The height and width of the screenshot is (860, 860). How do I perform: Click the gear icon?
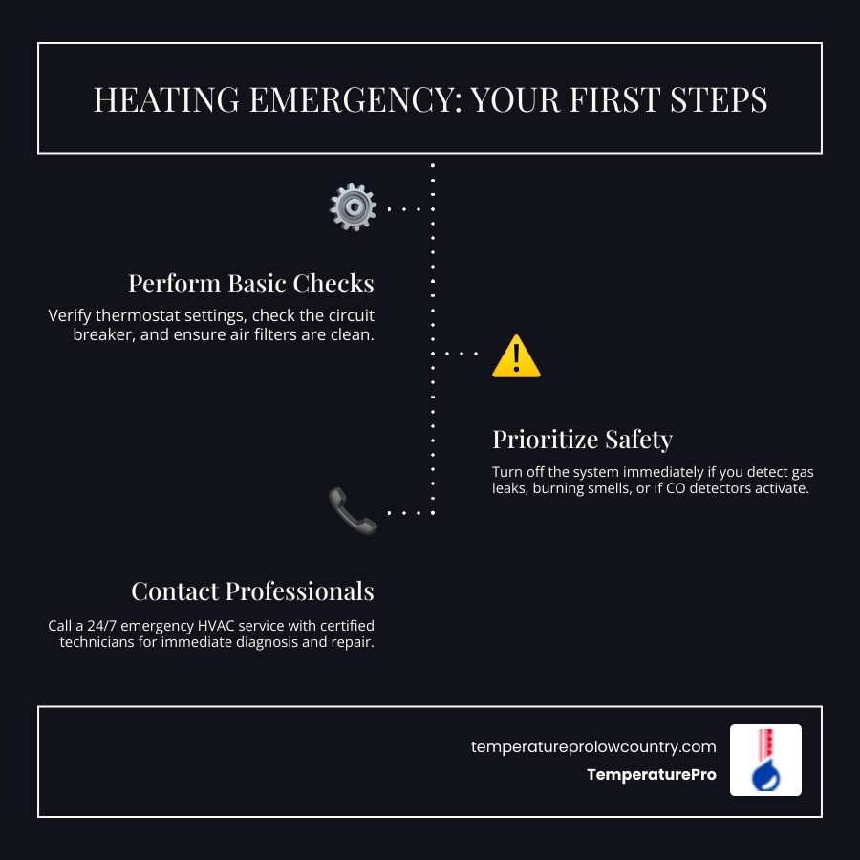[353, 207]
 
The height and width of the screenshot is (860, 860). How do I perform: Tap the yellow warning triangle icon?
[516, 356]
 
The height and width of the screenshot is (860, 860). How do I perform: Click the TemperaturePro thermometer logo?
[765, 760]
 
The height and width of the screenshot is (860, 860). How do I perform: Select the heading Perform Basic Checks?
[251, 284]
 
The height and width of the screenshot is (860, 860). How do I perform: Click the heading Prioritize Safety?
[582, 439]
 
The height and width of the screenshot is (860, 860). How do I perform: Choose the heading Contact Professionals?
[252, 591]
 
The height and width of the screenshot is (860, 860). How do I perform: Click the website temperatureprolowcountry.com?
[593, 746]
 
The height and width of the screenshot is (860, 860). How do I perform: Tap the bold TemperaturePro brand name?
[652, 775]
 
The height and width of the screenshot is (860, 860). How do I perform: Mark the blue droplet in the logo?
[764, 776]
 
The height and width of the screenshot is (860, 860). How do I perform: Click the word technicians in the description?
[102, 643]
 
